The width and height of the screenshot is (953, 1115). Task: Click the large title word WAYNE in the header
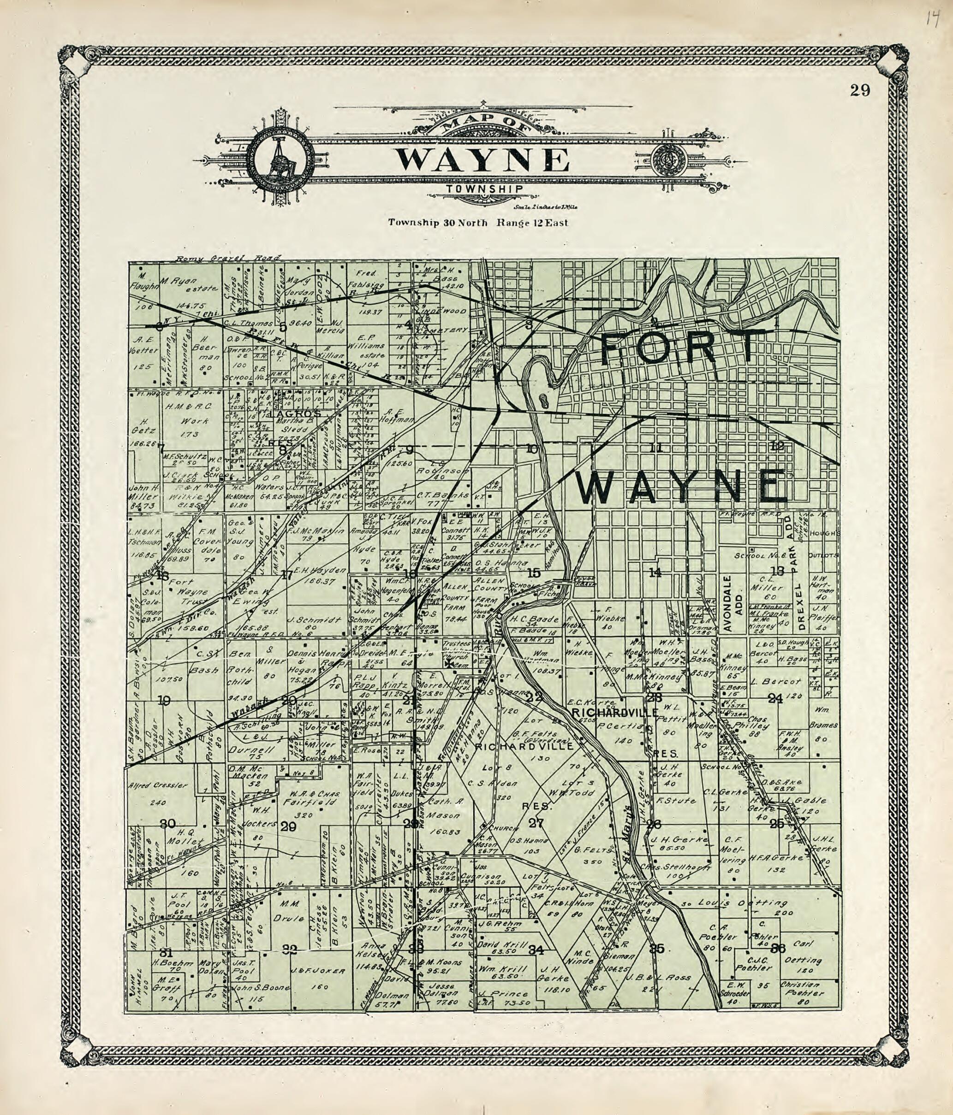tap(482, 159)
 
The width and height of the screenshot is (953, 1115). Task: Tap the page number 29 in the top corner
tap(860, 90)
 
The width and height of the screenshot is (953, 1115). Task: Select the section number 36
tap(779, 948)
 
